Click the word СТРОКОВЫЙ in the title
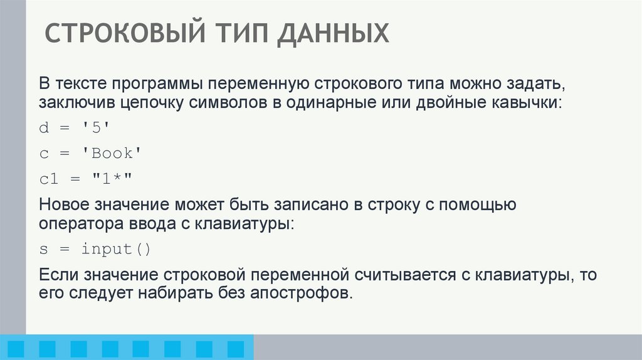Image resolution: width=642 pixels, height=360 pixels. point(124,33)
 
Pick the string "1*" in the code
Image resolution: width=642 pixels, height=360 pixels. point(112,179)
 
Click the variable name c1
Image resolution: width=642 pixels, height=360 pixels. point(48,179)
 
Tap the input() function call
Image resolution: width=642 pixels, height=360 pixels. point(116,249)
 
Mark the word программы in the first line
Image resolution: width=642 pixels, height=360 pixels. point(166,84)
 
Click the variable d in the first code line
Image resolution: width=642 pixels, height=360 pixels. point(43,129)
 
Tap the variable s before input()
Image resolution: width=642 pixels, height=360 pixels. point(43,249)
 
